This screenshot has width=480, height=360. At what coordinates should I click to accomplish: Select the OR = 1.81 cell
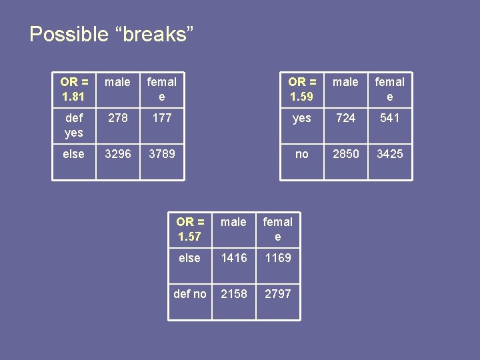click(74, 89)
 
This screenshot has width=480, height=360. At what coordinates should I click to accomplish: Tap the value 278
click(118, 118)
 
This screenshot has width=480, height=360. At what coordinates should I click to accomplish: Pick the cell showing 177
click(162, 118)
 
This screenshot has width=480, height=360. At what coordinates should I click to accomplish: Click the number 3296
click(118, 154)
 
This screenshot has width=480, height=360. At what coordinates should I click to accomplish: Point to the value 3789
click(162, 154)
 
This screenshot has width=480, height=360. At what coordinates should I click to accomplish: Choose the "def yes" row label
click(74, 125)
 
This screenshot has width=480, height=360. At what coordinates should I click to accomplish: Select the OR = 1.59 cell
click(302, 89)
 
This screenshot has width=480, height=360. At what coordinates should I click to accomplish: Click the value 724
click(345, 118)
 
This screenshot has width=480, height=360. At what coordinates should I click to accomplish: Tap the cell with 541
click(389, 118)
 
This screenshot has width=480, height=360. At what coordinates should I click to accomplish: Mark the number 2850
click(345, 154)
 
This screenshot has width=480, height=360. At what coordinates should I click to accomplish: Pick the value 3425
click(389, 154)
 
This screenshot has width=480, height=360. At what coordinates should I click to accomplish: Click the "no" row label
click(302, 154)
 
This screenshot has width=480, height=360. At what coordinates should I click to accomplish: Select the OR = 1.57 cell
click(190, 229)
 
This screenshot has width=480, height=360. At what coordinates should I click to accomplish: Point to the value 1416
click(233, 258)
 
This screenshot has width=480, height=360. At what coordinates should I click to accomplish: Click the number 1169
click(277, 258)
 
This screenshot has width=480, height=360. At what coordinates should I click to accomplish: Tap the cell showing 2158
click(233, 294)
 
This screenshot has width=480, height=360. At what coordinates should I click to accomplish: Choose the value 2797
click(277, 294)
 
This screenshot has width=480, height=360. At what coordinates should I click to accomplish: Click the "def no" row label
click(190, 294)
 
